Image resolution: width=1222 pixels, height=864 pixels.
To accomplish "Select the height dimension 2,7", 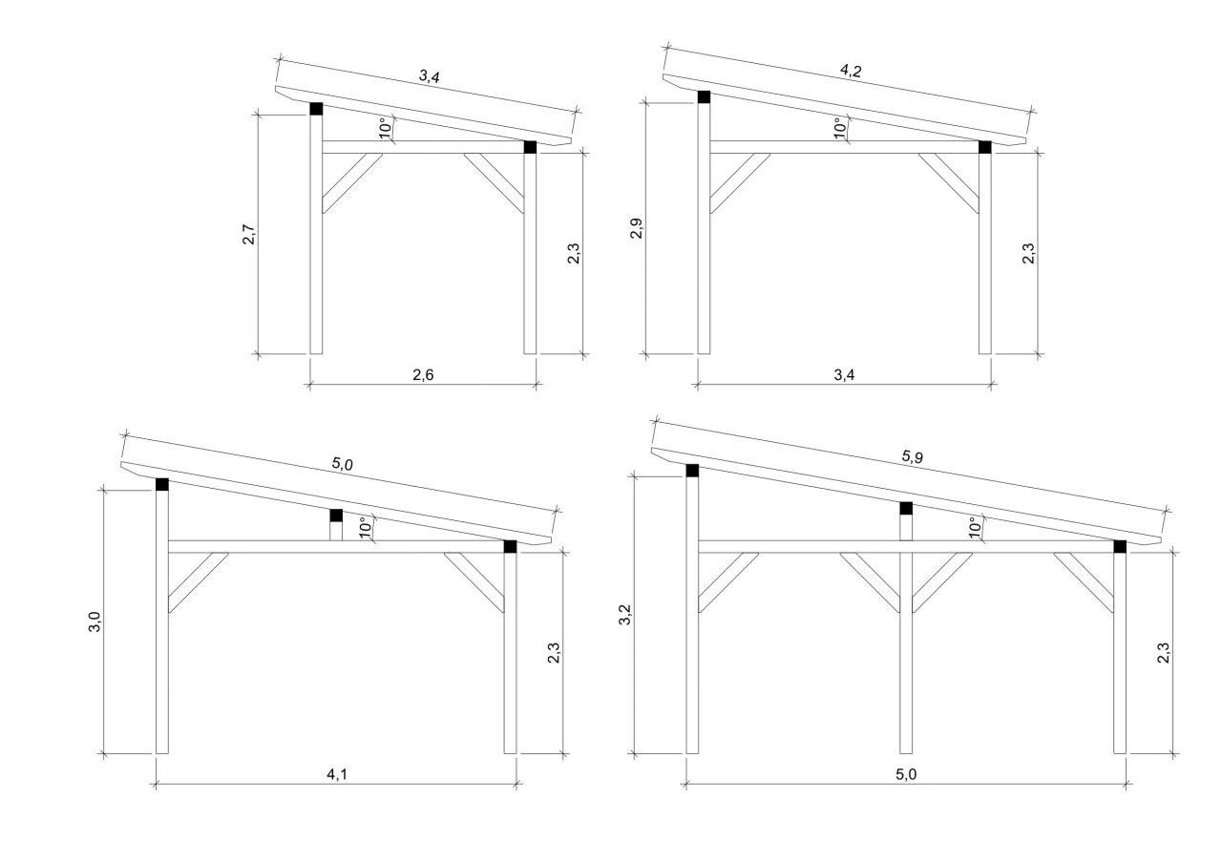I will pos(248,235).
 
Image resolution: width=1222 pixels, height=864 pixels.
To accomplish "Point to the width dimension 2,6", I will pos(423,375).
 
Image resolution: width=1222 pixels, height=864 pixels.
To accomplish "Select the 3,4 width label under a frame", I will pos(843,375).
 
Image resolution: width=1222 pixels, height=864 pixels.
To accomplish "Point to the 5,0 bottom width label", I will pos(905,775).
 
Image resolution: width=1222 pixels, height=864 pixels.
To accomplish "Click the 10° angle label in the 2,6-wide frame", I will pos(384,129).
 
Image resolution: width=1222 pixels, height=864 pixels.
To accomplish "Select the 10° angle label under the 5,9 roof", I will pos(974,528).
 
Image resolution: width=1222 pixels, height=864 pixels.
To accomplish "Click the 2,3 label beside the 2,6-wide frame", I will pos(574,256).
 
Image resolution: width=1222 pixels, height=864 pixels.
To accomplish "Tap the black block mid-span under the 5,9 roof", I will pos(906,508).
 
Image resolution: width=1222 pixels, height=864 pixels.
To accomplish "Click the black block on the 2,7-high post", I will pos(316,109).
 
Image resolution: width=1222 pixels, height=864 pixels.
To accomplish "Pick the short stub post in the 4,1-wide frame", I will pos(335,531).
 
